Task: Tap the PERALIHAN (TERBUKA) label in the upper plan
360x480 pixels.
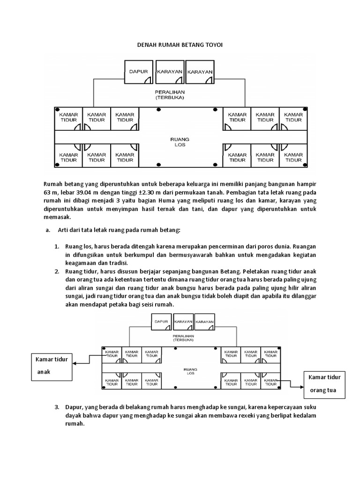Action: pyautogui.click(x=169, y=96)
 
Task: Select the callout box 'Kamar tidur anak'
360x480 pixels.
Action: pyautogui.click(x=52, y=367)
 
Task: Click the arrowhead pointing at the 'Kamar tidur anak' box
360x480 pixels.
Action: pyautogui.click(x=75, y=362)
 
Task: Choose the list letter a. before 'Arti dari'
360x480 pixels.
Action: pyautogui.click(x=47, y=230)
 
